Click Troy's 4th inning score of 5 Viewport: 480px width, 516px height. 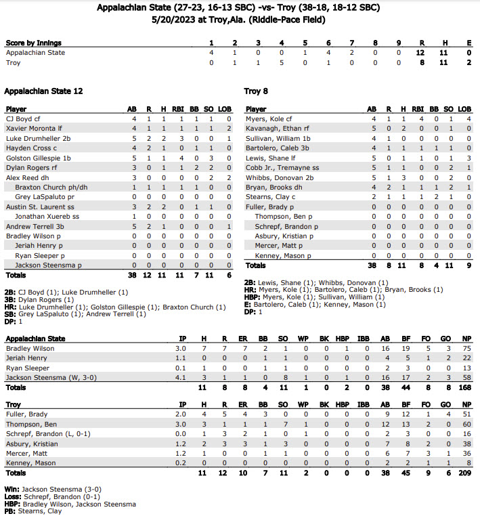[282, 62]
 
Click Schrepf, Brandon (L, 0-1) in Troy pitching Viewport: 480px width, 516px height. [46, 434]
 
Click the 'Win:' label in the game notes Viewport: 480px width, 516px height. [12, 488]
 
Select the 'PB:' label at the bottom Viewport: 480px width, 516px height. [11, 511]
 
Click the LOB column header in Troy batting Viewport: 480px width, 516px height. [464, 109]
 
